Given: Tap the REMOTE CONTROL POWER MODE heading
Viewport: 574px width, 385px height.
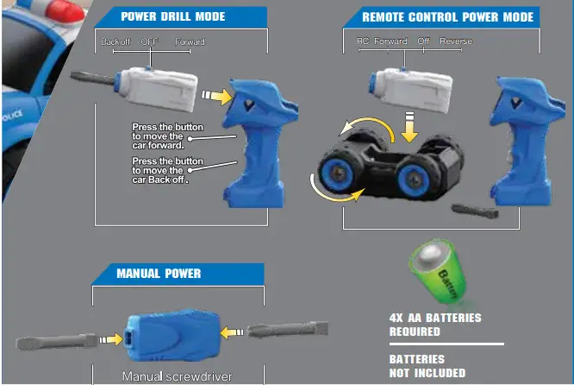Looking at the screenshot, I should coord(447,16).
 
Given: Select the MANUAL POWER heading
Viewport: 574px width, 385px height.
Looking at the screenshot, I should coord(159,274).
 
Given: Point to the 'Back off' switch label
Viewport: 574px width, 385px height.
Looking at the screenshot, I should coord(115,41).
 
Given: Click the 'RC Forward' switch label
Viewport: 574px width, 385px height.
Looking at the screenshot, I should coord(382,41).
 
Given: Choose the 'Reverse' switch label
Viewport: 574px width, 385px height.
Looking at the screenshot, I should coord(456,41).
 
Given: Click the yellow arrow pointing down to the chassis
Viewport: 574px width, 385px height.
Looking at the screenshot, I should coord(410,127).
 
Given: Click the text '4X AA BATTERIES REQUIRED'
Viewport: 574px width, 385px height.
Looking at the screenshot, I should coord(434,325).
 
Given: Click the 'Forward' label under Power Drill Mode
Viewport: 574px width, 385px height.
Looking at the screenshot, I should coord(190,41).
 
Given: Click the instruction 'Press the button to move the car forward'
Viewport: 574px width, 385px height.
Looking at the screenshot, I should coord(168,136).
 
